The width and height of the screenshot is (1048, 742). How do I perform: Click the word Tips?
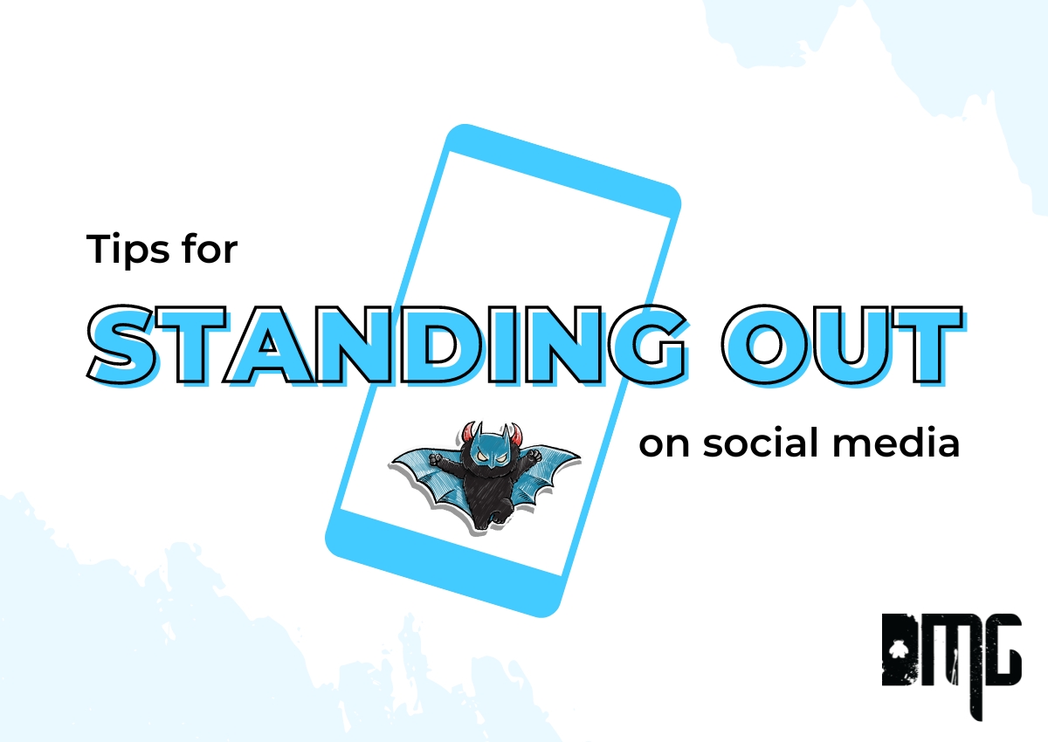(128, 251)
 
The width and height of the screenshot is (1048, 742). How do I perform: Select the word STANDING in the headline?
(389, 346)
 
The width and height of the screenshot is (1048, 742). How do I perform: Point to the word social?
(761, 443)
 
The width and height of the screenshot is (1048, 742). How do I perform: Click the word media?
(896, 443)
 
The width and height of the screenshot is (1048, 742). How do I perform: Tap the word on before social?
(664, 445)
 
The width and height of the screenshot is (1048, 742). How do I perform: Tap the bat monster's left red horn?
(469, 432)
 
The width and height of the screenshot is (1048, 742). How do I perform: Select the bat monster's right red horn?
(514, 434)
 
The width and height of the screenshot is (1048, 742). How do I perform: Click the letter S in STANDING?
(121, 346)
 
